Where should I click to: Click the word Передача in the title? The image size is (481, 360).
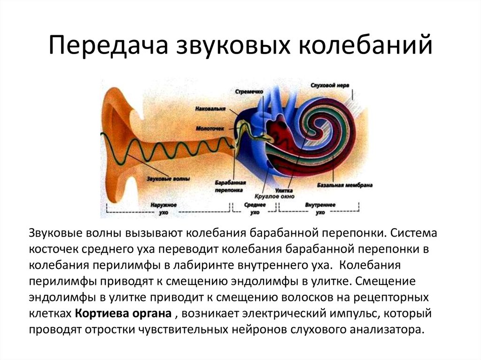point(109,46)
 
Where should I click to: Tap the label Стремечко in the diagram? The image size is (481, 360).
point(249,92)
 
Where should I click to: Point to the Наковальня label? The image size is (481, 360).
point(210,109)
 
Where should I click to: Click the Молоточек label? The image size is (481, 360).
point(210,129)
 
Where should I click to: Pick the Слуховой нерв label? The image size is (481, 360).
point(330,85)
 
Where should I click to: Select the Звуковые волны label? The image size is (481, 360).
point(168,178)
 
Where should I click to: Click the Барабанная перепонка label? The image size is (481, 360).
point(230,186)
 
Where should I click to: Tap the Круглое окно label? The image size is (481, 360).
point(274,197)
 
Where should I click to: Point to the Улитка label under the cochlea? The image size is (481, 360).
point(284,191)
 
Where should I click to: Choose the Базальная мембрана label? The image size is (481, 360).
point(345,185)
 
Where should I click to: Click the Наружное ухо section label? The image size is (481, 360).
point(164,208)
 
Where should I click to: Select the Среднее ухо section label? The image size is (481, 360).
point(255,208)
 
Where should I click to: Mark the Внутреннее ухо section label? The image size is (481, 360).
point(320,208)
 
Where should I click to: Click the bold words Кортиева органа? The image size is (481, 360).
point(123,314)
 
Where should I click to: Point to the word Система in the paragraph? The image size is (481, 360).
point(414,233)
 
